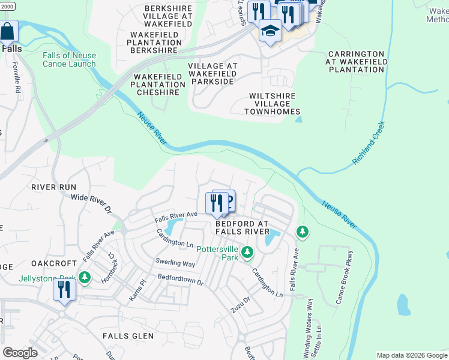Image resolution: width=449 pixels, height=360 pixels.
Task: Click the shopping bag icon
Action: pyautogui.click(x=8, y=32)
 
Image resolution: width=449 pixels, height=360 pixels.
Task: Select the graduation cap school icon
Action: pyautogui.click(x=270, y=30)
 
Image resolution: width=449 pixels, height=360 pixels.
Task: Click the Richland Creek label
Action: pyautogui.click(x=369, y=143)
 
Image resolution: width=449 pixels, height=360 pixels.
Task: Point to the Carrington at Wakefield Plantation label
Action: pyautogui.click(x=355, y=62)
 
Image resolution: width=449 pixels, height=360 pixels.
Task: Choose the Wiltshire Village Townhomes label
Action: pyautogui.click(x=273, y=103)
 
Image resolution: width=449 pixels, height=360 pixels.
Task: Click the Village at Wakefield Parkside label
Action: pyautogui.click(x=212, y=74)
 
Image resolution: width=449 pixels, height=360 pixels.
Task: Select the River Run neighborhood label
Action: pyautogui.click(x=54, y=187)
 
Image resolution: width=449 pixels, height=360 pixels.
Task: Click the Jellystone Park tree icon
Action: pyautogui.click(x=86, y=277)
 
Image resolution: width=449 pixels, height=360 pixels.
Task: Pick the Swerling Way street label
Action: pyautogui.click(x=176, y=263)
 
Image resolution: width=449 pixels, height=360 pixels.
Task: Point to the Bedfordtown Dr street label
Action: pyautogui.click(x=182, y=280)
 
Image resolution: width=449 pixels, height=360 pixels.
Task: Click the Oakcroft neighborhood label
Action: pyautogui.click(x=54, y=263)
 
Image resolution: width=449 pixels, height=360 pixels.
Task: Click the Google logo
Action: pyautogui.click(x=20, y=353)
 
